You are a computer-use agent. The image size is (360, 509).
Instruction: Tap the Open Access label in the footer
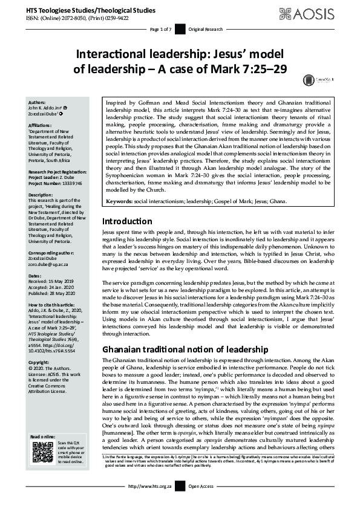[x=202, y=503]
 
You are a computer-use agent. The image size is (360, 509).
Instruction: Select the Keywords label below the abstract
[x=119, y=216]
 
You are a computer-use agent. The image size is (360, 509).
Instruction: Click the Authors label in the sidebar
[x=38, y=103]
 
